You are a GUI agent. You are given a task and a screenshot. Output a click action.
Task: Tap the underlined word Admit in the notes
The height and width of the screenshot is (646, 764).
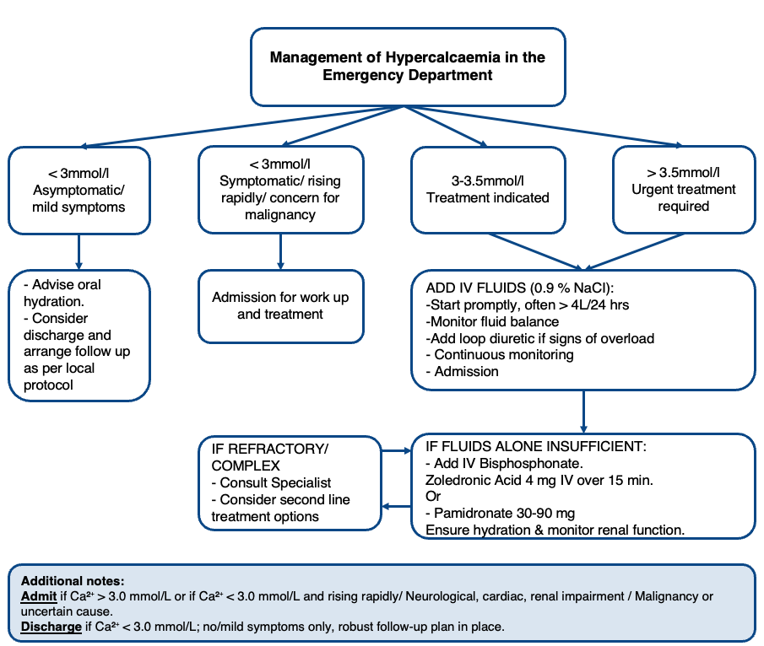tap(39, 596)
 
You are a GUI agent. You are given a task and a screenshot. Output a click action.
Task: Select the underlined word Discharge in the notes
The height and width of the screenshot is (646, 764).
tap(51, 627)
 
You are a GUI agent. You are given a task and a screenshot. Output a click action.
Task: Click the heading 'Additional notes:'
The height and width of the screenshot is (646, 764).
tap(73, 581)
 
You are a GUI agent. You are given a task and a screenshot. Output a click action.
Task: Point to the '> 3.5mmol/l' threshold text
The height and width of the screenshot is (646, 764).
tap(683, 172)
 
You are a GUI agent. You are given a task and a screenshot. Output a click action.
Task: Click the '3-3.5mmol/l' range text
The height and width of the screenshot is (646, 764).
tap(488, 181)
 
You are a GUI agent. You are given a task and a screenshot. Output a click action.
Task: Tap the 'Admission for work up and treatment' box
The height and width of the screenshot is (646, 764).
tap(280, 306)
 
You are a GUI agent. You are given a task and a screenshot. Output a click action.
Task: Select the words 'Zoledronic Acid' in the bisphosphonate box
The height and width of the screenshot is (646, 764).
tap(473, 480)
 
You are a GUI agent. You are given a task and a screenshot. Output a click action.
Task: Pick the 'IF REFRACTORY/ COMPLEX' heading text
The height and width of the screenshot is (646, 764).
tap(270, 457)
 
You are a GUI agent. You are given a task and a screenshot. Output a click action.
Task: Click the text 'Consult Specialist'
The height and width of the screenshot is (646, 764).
tap(275, 483)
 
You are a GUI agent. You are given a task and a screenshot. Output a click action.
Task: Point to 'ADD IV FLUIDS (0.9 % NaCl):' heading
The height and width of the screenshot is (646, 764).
tap(520, 288)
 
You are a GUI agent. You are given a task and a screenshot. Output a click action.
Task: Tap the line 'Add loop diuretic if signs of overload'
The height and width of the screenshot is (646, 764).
tap(540, 338)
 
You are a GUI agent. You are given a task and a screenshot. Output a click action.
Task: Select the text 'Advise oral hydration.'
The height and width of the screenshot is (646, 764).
tap(62, 293)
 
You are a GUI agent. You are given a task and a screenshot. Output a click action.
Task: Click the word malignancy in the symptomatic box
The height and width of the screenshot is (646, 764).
tap(280, 215)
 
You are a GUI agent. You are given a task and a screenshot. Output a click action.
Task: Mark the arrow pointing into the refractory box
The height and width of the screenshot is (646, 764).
tap(396, 507)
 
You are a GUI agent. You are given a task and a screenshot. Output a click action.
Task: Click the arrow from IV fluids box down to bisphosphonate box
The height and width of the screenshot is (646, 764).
tap(583, 412)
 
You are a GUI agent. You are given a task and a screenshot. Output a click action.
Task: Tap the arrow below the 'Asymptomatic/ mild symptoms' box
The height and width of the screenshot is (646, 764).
tap(79, 251)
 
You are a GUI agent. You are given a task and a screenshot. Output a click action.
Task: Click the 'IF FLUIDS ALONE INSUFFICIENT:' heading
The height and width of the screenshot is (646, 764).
tap(536, 446)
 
